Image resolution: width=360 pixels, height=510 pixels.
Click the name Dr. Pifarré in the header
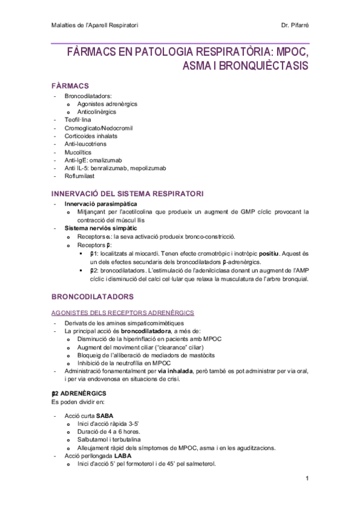[294, 25]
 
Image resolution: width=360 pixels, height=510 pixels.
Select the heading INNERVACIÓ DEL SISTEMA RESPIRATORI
[127, 193]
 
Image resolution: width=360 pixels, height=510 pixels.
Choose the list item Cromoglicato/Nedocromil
[99, 128]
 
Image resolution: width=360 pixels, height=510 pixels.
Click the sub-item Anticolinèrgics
[96, 112]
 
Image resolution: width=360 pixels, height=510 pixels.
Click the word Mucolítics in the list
[79, 152]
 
